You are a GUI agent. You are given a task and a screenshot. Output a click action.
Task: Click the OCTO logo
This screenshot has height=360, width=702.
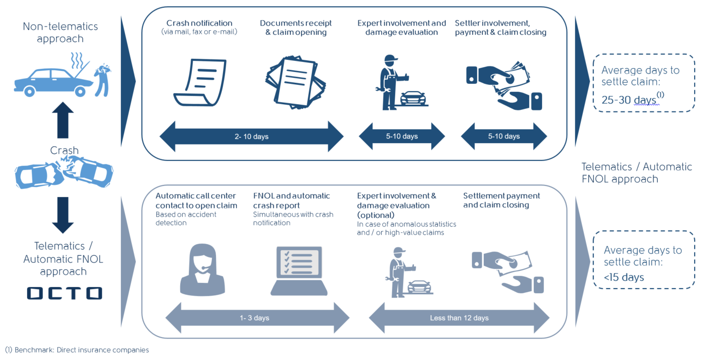pyautogui.click(x=65, y=293)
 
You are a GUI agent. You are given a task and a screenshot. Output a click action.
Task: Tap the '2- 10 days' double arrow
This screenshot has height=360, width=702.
pyautogui.click(x=252, y=136)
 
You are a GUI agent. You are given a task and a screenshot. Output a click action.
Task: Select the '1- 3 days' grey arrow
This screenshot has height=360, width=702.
pyautogui.click(x=257, y=317)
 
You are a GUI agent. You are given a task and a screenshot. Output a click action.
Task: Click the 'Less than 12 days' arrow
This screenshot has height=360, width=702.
pyautogui.click(x=459, y=317)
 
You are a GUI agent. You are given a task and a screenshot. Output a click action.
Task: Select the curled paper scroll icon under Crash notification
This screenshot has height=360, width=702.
pyautogui.click(x=199, y=83)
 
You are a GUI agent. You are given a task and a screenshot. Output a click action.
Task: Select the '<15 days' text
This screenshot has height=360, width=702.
pyautogui.click(x=624, y=277)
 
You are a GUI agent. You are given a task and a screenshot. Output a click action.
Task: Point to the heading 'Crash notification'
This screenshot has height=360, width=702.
pyautogui.click(x=199, y=23)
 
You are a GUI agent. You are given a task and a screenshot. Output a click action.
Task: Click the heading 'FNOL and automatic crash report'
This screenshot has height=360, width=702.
pyautogui.click(x=292, y=201)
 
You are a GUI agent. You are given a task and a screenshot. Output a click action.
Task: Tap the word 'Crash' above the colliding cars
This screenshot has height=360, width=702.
pyautogui.click(x=64, y=151)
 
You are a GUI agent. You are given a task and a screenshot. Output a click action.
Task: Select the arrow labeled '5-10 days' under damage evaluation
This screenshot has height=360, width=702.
pyautogui.click(x=402, y=136)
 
